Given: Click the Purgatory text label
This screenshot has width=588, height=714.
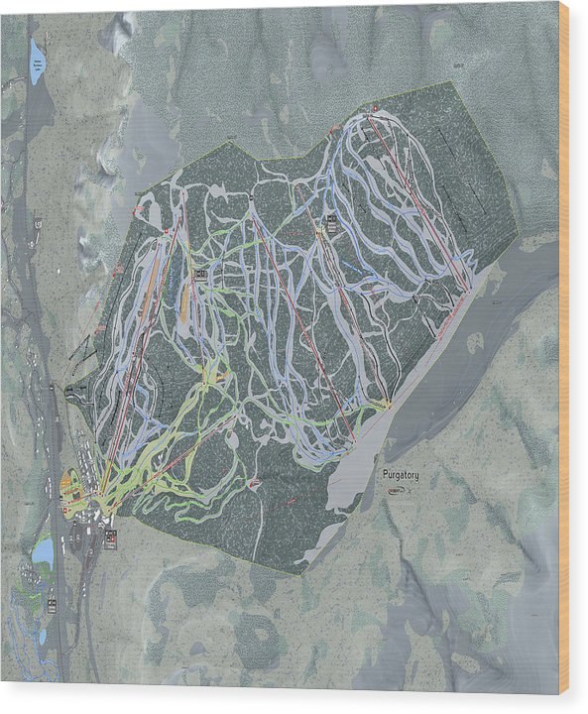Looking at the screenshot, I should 401,475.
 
